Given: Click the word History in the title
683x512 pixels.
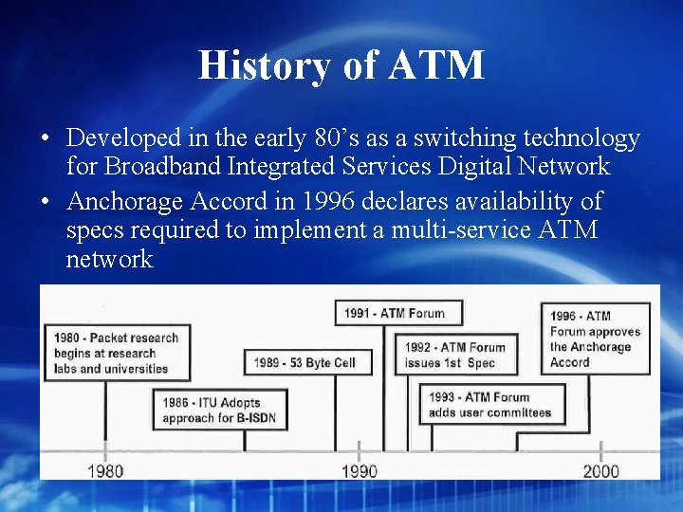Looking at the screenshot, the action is click(x=249, y=65).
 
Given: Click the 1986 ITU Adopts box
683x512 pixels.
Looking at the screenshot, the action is click(x=218, y=410).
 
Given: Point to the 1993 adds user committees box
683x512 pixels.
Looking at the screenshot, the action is click(x=492, y=405).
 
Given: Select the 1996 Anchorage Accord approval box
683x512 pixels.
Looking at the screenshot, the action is click(x=595, y=338).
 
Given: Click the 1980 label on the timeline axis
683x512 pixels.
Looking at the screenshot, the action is click(x=105, y=470).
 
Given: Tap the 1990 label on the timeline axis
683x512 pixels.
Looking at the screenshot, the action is click(x=359, y=470).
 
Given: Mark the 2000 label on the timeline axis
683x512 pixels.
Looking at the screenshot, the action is click(x=601, y=470).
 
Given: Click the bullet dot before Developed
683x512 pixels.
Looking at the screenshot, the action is click(x=46, y=139).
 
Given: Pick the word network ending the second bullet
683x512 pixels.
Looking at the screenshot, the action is click(x=109, y=260).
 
